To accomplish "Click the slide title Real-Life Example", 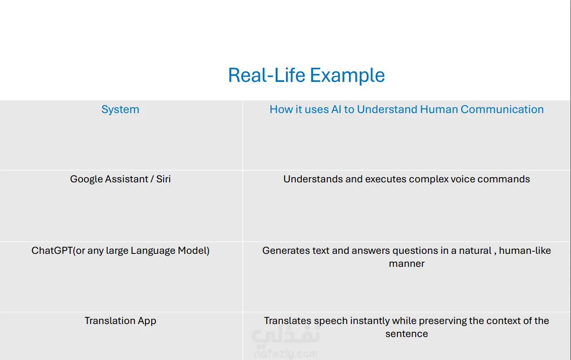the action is coord(306,75).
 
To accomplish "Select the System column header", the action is coord(120,110).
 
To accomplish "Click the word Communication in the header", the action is coord(502,109).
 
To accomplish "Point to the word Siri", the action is coord(163,179).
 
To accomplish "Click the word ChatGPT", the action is coord(52,250).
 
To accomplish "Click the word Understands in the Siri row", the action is coord(313,179).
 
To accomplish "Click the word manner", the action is coord(406,264).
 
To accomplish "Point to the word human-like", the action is coord(525,250).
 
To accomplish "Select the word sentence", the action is coord(406,334).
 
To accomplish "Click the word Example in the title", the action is coord(347,76).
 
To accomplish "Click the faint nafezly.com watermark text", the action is coord(286,354).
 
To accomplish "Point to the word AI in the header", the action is coord(336,109).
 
